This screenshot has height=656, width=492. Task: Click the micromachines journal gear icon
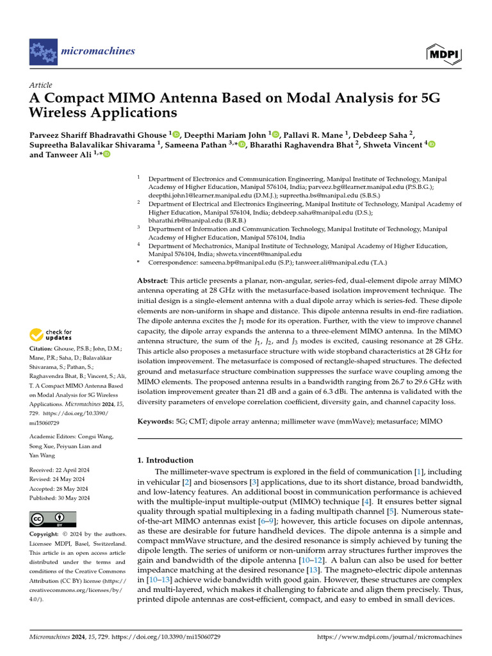[43, 51]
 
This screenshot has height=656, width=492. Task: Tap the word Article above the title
[41, 85]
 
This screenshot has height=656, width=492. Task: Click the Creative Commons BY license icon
[53, 518]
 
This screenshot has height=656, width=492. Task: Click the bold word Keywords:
[156, 422]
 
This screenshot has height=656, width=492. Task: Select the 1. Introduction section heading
[165, 460]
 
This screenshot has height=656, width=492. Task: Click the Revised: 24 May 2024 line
[58, 479]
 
